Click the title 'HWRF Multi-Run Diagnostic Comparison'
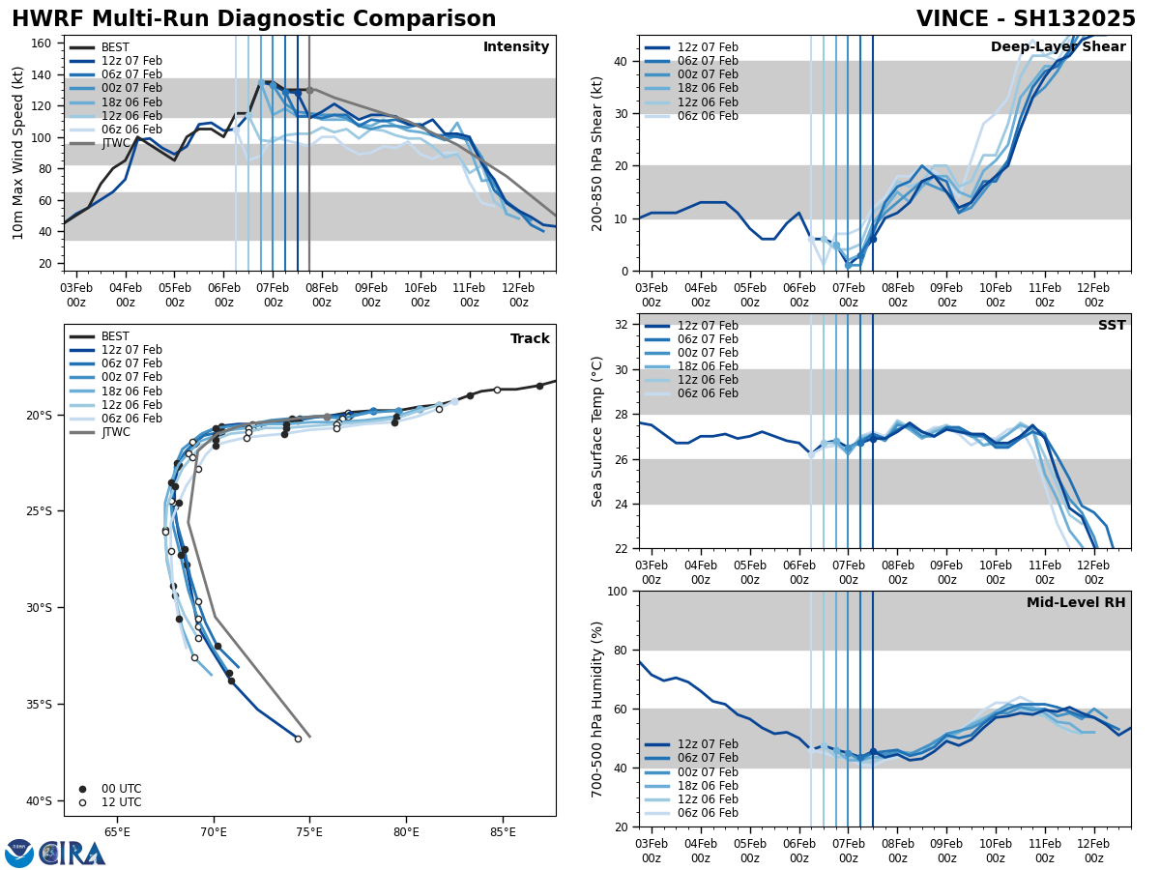point(253,19)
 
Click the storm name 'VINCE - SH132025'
point(1026,19)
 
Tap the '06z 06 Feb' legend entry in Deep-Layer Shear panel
point(710,116)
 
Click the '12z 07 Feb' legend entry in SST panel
point(710,326)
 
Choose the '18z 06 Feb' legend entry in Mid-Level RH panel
point(710,785)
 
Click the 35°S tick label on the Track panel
point(39,704)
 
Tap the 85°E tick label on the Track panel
point(503,831)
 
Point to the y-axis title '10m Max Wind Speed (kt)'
point(18,153)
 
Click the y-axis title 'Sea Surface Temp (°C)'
point(597,431)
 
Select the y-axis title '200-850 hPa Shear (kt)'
point(597,153)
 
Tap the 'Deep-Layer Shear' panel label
point(1058,47)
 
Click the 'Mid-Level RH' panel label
point(1076,603)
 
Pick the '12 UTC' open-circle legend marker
point(82,802)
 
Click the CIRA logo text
point(73,854)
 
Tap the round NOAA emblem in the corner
point(19,854)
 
